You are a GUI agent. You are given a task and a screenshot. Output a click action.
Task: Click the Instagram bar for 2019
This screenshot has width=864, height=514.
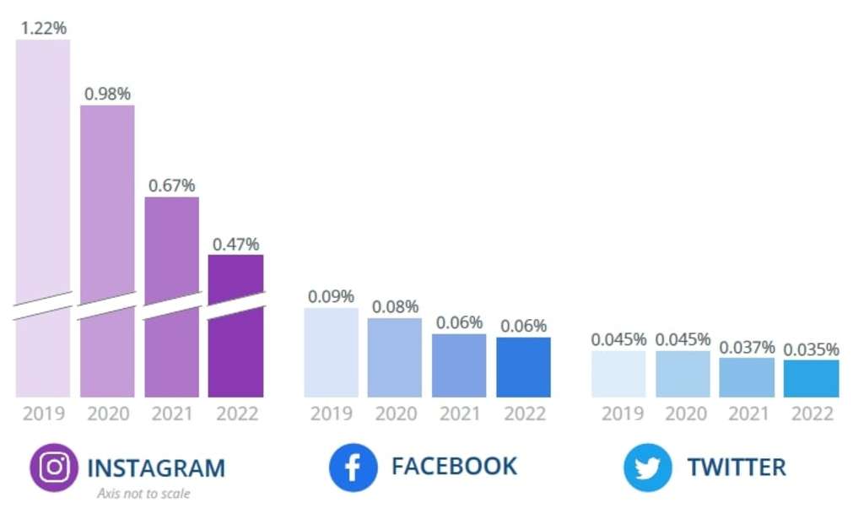43,211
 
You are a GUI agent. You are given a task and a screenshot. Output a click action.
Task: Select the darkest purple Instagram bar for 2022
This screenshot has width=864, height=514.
235,338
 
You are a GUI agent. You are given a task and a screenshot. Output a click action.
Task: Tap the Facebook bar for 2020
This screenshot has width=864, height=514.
395,358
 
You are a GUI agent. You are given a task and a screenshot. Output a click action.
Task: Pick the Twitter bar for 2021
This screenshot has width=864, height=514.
747,377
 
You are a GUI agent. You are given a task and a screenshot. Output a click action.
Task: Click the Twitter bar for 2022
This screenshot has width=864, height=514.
811,379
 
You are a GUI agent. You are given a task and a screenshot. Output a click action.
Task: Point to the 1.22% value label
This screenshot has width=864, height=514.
42,28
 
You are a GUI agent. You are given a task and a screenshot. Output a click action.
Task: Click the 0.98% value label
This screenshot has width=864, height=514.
107,94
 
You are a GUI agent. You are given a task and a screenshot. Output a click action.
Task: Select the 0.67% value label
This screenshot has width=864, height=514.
171,185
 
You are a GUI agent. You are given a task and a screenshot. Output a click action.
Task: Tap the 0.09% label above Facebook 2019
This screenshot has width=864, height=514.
331,296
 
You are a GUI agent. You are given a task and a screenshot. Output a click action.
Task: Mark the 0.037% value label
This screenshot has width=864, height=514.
747,347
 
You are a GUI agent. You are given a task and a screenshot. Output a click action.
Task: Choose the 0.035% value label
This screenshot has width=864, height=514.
811,349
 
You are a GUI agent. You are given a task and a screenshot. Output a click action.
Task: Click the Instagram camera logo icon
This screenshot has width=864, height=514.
54,467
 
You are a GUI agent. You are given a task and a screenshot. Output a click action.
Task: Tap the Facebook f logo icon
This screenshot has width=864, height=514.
353,467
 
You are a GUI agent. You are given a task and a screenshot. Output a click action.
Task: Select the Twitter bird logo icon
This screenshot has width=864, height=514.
648,467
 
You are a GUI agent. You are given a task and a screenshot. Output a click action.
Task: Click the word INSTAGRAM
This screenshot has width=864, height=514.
156,468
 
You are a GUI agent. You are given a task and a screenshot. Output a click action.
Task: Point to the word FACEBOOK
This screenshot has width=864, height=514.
454,466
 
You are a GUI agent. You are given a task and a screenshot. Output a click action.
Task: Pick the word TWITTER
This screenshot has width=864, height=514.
736,467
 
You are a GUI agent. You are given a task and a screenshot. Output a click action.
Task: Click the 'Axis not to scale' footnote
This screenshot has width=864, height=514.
143,494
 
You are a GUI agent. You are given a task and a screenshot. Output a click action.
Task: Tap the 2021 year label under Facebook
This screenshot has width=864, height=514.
460,414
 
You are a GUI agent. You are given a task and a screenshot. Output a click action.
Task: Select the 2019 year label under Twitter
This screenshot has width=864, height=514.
618,414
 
